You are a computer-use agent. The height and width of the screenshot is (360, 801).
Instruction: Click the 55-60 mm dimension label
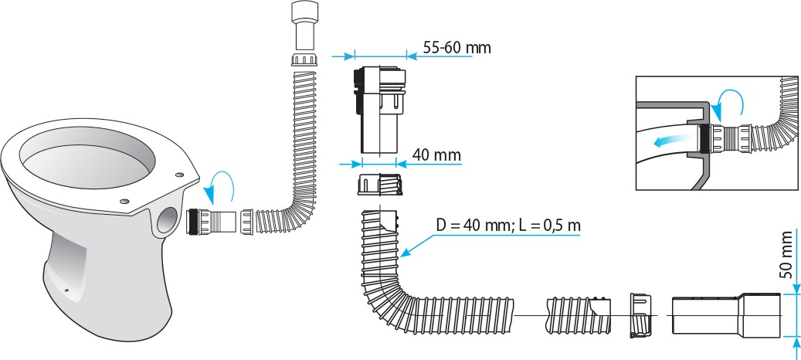(457, 47)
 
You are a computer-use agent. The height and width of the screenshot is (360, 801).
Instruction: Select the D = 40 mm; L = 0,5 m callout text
(507, 226)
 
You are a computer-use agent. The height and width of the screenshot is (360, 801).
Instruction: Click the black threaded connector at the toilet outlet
(199, 222)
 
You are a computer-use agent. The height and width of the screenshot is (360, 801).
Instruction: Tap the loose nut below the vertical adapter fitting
(378, 188)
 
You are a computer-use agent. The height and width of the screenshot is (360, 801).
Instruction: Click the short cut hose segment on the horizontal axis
(575, 315)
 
